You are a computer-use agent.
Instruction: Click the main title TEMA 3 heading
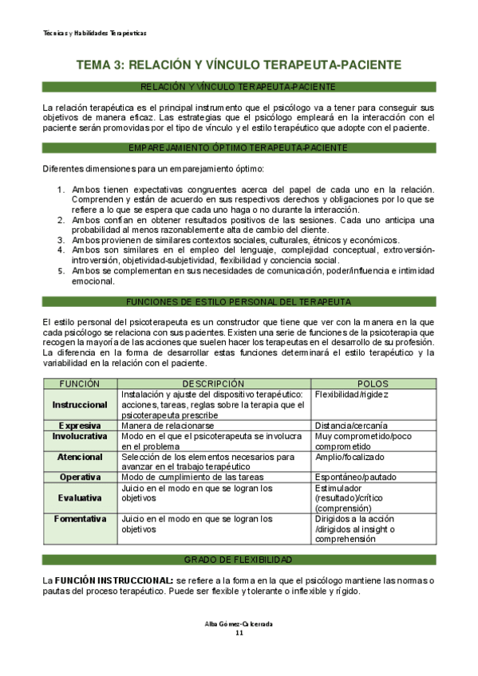[239, 65]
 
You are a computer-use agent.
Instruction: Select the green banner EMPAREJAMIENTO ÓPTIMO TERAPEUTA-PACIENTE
[239, 147]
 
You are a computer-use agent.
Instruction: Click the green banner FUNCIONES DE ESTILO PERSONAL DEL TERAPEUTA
[239, 301]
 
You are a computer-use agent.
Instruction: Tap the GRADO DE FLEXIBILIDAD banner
[239, 560]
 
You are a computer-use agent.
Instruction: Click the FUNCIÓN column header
[80, 383]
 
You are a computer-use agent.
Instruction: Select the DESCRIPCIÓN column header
[214, 383]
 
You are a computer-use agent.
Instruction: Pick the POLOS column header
[373, 383]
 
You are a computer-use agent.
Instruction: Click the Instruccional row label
[80, 405]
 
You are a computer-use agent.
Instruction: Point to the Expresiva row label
[80, 426]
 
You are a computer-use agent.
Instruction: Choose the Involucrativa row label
[80, 437]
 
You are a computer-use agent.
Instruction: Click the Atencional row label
[80, 457]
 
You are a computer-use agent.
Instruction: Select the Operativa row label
[80, 477]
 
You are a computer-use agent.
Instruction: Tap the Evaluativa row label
[80, 497]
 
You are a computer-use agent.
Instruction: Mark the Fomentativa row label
[80, 518]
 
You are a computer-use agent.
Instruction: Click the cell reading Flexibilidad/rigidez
[350, 395]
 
